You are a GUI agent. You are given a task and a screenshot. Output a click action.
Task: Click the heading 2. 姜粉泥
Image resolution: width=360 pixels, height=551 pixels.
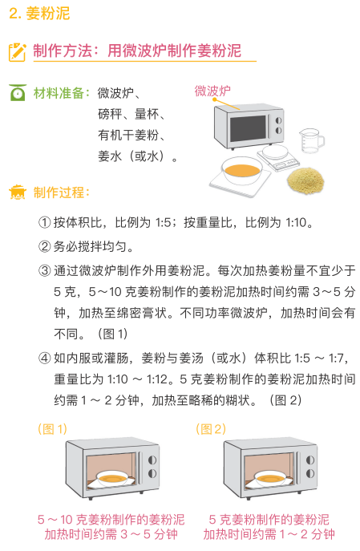39,14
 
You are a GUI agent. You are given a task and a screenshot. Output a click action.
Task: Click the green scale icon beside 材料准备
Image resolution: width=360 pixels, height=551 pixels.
17,94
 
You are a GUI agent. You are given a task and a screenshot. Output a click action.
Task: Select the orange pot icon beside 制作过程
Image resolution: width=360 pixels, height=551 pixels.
17,192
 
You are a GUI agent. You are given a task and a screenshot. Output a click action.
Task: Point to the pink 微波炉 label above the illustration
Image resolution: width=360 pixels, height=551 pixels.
212,91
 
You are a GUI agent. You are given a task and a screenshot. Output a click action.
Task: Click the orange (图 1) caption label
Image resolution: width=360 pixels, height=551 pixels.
53,429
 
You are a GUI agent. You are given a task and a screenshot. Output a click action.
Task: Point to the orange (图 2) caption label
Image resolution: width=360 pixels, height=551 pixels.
211,429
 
